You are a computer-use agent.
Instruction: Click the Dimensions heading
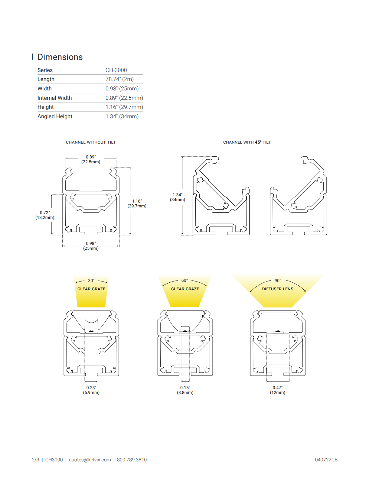click(60, 57)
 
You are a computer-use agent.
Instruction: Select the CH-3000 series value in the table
click(116, 70)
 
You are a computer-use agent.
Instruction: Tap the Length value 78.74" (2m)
click(119, 79)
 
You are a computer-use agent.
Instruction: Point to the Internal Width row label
click(54, 98)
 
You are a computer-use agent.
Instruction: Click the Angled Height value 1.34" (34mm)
click(122, 116)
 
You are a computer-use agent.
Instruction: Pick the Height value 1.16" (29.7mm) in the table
click(124, 107)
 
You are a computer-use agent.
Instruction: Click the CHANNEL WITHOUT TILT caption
click(91, 142)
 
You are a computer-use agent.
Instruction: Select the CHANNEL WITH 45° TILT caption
click(247, 142)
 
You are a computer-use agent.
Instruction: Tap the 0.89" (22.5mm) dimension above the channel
click(91, 159)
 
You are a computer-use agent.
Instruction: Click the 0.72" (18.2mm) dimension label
click(45, 215)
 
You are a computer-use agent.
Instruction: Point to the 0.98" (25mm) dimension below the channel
click(91, 246)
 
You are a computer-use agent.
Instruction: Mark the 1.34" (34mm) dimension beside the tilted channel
click(177, 197)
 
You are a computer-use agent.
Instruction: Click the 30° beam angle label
click(91, 281)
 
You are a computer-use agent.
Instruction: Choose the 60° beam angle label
click(184, 280)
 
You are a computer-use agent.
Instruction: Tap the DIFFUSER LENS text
click(278, 289)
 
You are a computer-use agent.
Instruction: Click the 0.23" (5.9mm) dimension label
click(91, 390)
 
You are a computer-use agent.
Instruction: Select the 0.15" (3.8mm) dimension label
click(185, 390)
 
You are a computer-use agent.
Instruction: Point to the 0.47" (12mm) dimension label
click(278, 390)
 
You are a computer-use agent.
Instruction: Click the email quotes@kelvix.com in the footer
click(90, 460)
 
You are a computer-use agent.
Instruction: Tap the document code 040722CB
click(326, 460)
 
